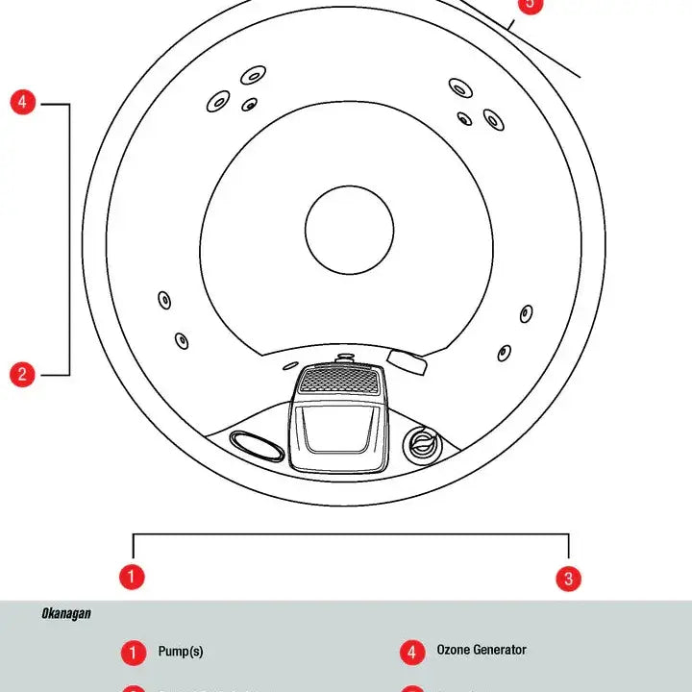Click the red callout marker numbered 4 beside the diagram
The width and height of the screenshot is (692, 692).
tap(23, 102)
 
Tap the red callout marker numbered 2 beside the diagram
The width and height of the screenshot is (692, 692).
tap(23, 374)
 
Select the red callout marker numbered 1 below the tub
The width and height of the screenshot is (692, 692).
tap(132, 577)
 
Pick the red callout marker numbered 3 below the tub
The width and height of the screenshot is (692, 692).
tap(569, 578)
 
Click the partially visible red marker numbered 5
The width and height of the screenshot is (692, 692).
tap(530, 5)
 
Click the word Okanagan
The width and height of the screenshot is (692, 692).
tap(66, 613)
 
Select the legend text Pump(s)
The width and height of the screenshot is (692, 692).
tap(181, 652)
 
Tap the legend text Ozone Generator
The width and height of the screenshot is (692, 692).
tap(482, 651)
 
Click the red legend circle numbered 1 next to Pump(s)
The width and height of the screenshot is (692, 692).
tap(133, 653)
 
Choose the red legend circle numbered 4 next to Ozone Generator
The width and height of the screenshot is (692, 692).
tap(411, 653)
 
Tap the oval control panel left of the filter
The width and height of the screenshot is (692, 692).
tap(257, 445)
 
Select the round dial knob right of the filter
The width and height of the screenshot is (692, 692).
tap(420, 445)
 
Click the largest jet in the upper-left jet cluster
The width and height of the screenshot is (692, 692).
tap(254, 74)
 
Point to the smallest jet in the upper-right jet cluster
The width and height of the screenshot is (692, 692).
tap(464, 119)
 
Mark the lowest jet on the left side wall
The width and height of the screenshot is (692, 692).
tap(182, 339)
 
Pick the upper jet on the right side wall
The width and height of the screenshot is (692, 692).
tap(527, 313)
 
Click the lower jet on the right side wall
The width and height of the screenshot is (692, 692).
tap(504, 353)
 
